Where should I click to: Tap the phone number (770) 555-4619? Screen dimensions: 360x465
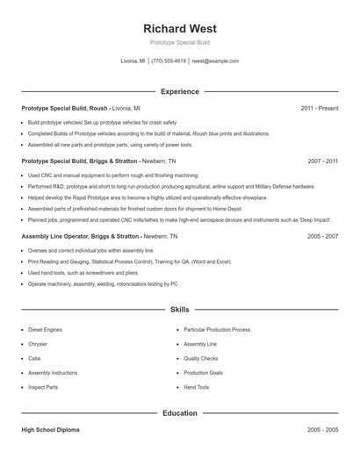tap(169, 61)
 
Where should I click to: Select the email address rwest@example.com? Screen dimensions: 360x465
tap(215, 61)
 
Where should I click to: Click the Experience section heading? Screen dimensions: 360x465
tap(179, 91)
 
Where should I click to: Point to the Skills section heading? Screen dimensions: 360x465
tap(179, 310)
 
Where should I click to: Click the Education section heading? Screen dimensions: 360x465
tap(179, 413)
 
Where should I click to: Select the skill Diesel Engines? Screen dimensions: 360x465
tap(45, 329)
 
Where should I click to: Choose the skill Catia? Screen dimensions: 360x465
tap(33, 358)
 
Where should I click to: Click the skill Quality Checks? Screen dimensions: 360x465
tap(201, 358)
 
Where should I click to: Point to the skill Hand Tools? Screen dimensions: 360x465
tap(197, 387)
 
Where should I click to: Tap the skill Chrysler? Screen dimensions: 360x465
tap(38, 344)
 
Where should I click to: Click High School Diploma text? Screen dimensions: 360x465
tap(50, 431)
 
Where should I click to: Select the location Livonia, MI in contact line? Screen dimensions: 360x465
tap(133, 61)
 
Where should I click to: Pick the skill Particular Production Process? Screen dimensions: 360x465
tap(217, 329)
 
